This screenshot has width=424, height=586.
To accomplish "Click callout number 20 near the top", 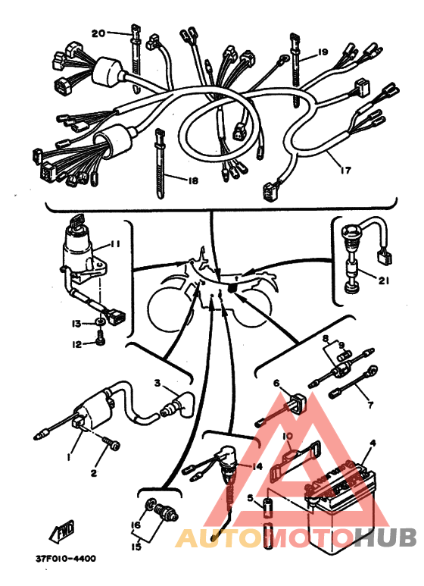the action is [98, 33].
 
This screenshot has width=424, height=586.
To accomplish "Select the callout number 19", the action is [323, 52].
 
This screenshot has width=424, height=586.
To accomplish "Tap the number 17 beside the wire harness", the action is [346, 170].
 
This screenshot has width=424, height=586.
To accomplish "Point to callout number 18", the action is [193, 181].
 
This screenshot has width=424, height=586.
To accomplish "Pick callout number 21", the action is [384, 280].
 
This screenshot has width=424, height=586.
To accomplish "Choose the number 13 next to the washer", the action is [76, 323].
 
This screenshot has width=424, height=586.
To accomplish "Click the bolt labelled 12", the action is [100, 341].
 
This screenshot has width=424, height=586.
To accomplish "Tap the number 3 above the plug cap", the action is [157, 383].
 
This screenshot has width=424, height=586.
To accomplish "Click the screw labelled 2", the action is [111, 446].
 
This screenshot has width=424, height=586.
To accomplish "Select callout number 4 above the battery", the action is [372, 443].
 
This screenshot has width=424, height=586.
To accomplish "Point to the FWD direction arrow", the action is [61, 531].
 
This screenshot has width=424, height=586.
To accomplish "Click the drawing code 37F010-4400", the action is [66, 559].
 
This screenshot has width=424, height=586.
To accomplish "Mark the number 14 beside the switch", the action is [257, 466].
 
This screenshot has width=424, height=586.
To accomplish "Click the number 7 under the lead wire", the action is [370, 404].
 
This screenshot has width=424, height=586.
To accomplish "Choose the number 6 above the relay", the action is [276, 383].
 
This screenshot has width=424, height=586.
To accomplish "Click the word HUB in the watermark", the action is [385, 537].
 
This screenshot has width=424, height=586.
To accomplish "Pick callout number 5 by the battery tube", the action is [250, 498].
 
